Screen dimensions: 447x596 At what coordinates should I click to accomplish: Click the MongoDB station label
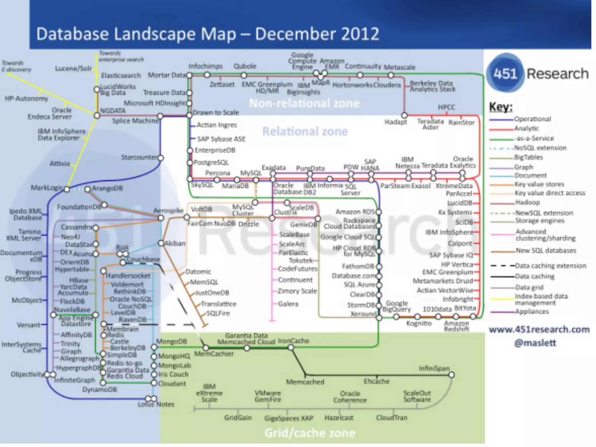pyautogui.click(x=171, y=341)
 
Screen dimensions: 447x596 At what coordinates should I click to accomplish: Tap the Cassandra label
pyautogui.click(x=77, y=227)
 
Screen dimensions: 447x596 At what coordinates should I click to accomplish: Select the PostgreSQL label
pyautogui.click(x=211, y=162)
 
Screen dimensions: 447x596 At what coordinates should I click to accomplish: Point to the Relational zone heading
pyautogui.click(x=305, y=132)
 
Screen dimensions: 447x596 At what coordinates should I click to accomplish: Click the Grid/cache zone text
pyautogui.click(x=310, y=433)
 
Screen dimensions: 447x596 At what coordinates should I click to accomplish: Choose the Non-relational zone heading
pyautogui.click(x=304, y=103)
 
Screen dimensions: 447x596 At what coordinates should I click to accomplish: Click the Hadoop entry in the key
pyautogui.click(x=527, y=202)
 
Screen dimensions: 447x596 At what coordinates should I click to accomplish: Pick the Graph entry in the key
pyautogui.click(x=524, y=167)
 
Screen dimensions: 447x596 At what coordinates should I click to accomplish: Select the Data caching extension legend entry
pyautogui.click(x=551, y=266)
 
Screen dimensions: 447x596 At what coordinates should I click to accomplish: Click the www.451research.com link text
pyautogui.click(x=539, y=329)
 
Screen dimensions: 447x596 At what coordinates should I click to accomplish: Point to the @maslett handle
pyautogui.click(x=535, y=343)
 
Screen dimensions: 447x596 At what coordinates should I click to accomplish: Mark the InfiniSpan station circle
pyautogui.click(x=451, y=375)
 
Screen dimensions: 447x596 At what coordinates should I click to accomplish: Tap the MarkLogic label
pyautogui.click(x=47, y=188)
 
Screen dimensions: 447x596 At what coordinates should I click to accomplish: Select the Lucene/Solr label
pyautogui.click(x=73, y=69)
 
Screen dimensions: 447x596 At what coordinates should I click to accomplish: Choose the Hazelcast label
pyautogui.click(x=339, y=418)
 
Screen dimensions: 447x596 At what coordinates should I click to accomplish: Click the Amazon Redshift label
pyautogui.click(x=456, y=326)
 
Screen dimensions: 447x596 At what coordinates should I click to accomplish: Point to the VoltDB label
pyautogui.click(x=201, y=210)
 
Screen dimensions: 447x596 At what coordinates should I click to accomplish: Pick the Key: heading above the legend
pyautogui.click(x=500, y=107)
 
